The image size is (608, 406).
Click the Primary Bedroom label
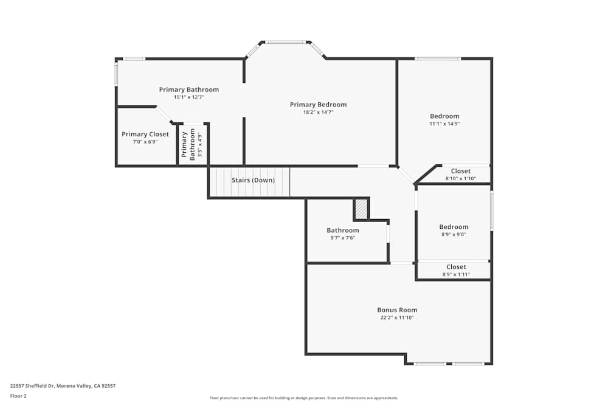(318, 105)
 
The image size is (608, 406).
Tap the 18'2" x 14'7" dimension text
(318, 112)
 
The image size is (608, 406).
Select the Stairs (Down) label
(253, 180)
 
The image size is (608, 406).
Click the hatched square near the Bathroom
(361, 209)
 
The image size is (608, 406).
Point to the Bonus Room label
(397, 310)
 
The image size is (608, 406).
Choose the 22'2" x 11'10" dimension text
(397, 318)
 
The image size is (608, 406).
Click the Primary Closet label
(145, 135)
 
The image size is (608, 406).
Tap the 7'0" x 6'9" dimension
(145, 142)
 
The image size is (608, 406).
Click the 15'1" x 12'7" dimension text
(188, 97)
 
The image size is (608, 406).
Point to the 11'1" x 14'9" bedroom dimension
(444, 124)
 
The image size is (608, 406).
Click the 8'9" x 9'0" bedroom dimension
(454, 234)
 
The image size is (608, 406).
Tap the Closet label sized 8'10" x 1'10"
(460, 171)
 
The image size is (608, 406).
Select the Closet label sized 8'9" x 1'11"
(456, 267)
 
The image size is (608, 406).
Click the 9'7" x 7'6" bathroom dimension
(342, 238)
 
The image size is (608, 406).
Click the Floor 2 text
(18, 396)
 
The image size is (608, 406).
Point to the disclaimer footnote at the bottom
(303, 398)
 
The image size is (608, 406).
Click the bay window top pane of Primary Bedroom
(286, 42)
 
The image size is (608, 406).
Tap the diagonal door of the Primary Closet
(163, 114)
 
